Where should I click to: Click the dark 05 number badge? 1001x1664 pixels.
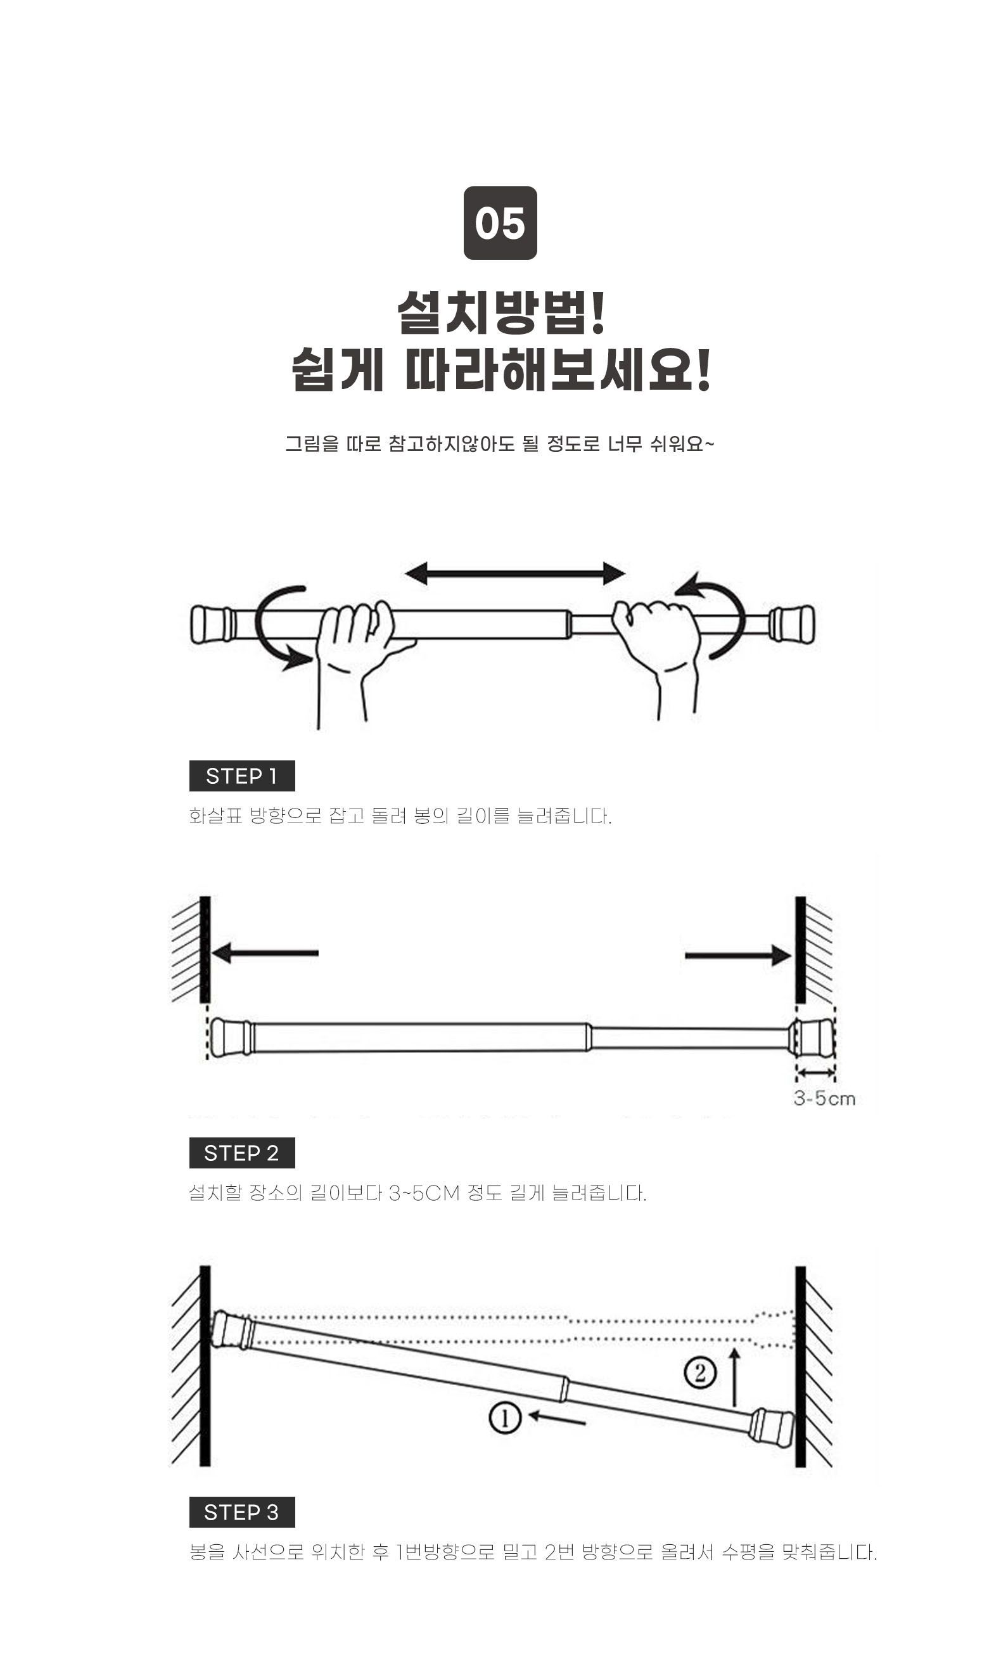point(500,222)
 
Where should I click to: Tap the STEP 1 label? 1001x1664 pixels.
point(241,776)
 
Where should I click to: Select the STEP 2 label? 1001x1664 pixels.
point(241,1153)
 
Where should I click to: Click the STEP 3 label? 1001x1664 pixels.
point(241,1512)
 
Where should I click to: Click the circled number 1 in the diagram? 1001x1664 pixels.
point(504,1419)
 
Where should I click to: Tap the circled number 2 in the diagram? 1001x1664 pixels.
point(699,1373)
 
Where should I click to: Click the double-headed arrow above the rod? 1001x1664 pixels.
point(514,573)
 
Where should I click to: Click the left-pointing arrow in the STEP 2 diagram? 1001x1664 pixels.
point(264,953)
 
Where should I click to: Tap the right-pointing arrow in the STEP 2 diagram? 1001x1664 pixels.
point(738,955)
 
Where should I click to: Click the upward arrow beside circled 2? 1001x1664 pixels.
point(734,1377)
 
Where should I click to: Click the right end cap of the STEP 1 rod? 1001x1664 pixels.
point(792,624)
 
